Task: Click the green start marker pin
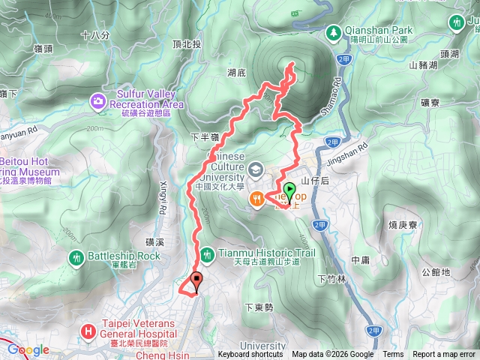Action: click(289, 190)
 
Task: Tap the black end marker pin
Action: click(198, 281)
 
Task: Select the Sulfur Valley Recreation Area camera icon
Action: click(98, 100)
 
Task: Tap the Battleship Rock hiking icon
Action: click(76, 256)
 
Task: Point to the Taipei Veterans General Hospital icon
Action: click(88, 330)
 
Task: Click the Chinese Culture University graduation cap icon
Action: click(255, 169)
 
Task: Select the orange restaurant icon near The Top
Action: click(258, 198)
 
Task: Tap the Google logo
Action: click(28, 350)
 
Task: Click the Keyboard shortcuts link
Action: click(250, 355)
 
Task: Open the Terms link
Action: click(393, 355)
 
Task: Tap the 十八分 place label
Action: click(94, 34)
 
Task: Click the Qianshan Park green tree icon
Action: click(332, 32)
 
